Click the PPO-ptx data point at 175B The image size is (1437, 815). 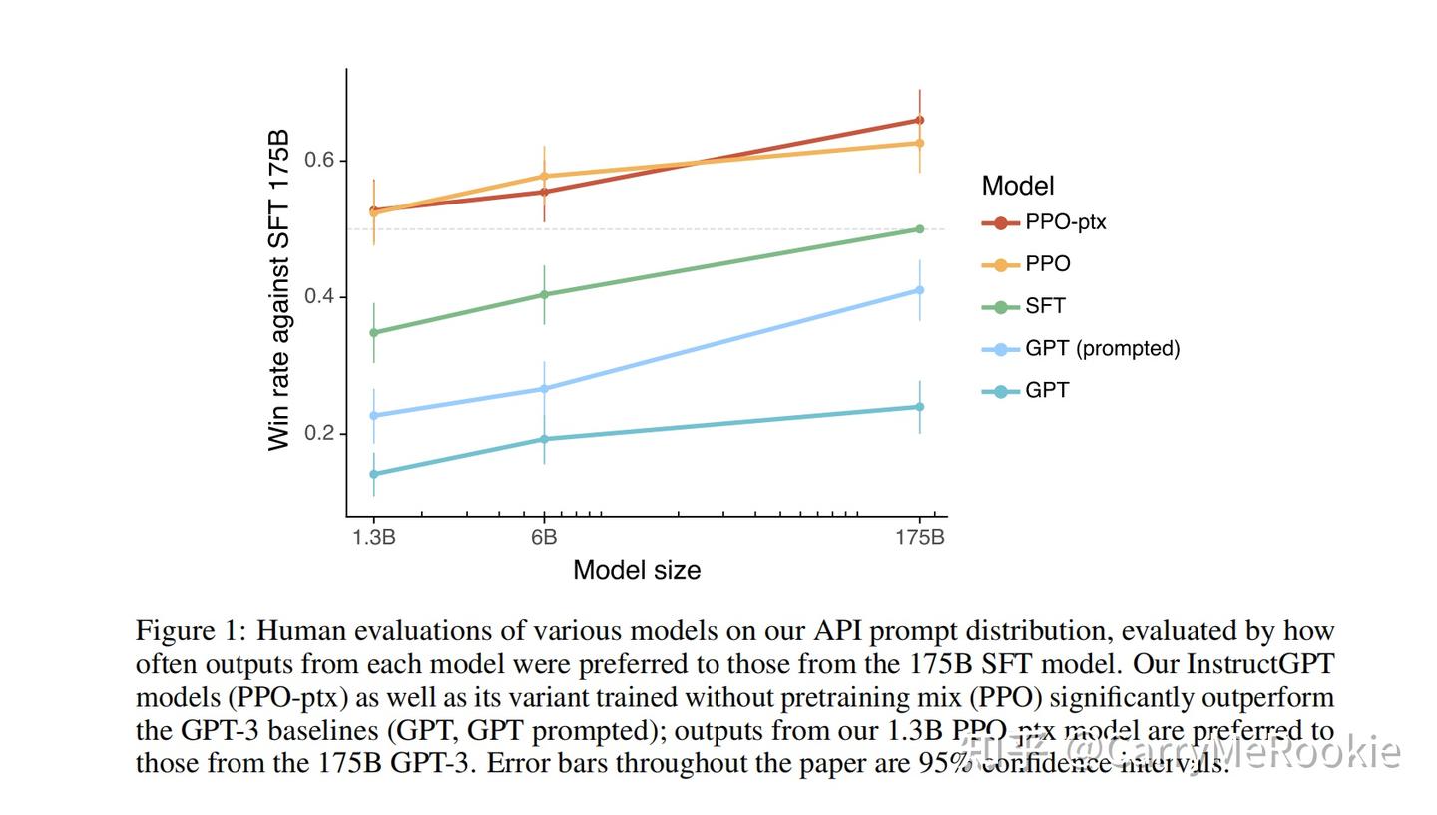[919, 120]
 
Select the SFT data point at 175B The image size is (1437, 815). [919, 229]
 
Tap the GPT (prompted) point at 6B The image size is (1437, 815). [544, 388]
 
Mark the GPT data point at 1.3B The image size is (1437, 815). [374, 474]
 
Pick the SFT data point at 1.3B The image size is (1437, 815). [374, 332]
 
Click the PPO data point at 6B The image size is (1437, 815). [544, 176]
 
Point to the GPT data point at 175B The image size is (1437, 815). [919, 407]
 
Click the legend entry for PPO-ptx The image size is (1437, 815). [1065, 222]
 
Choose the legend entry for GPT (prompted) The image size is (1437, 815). [1102, 348]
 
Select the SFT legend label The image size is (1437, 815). [1045, 306]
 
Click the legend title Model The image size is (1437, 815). [1018, 186]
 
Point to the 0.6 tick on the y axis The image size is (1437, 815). [320, 161]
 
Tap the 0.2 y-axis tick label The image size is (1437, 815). [320, 434]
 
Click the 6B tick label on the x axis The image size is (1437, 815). [544, 538]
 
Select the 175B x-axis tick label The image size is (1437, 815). [919, 538]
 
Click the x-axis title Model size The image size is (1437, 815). [637, 570]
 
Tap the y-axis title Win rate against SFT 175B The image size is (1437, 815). [279, 289]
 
